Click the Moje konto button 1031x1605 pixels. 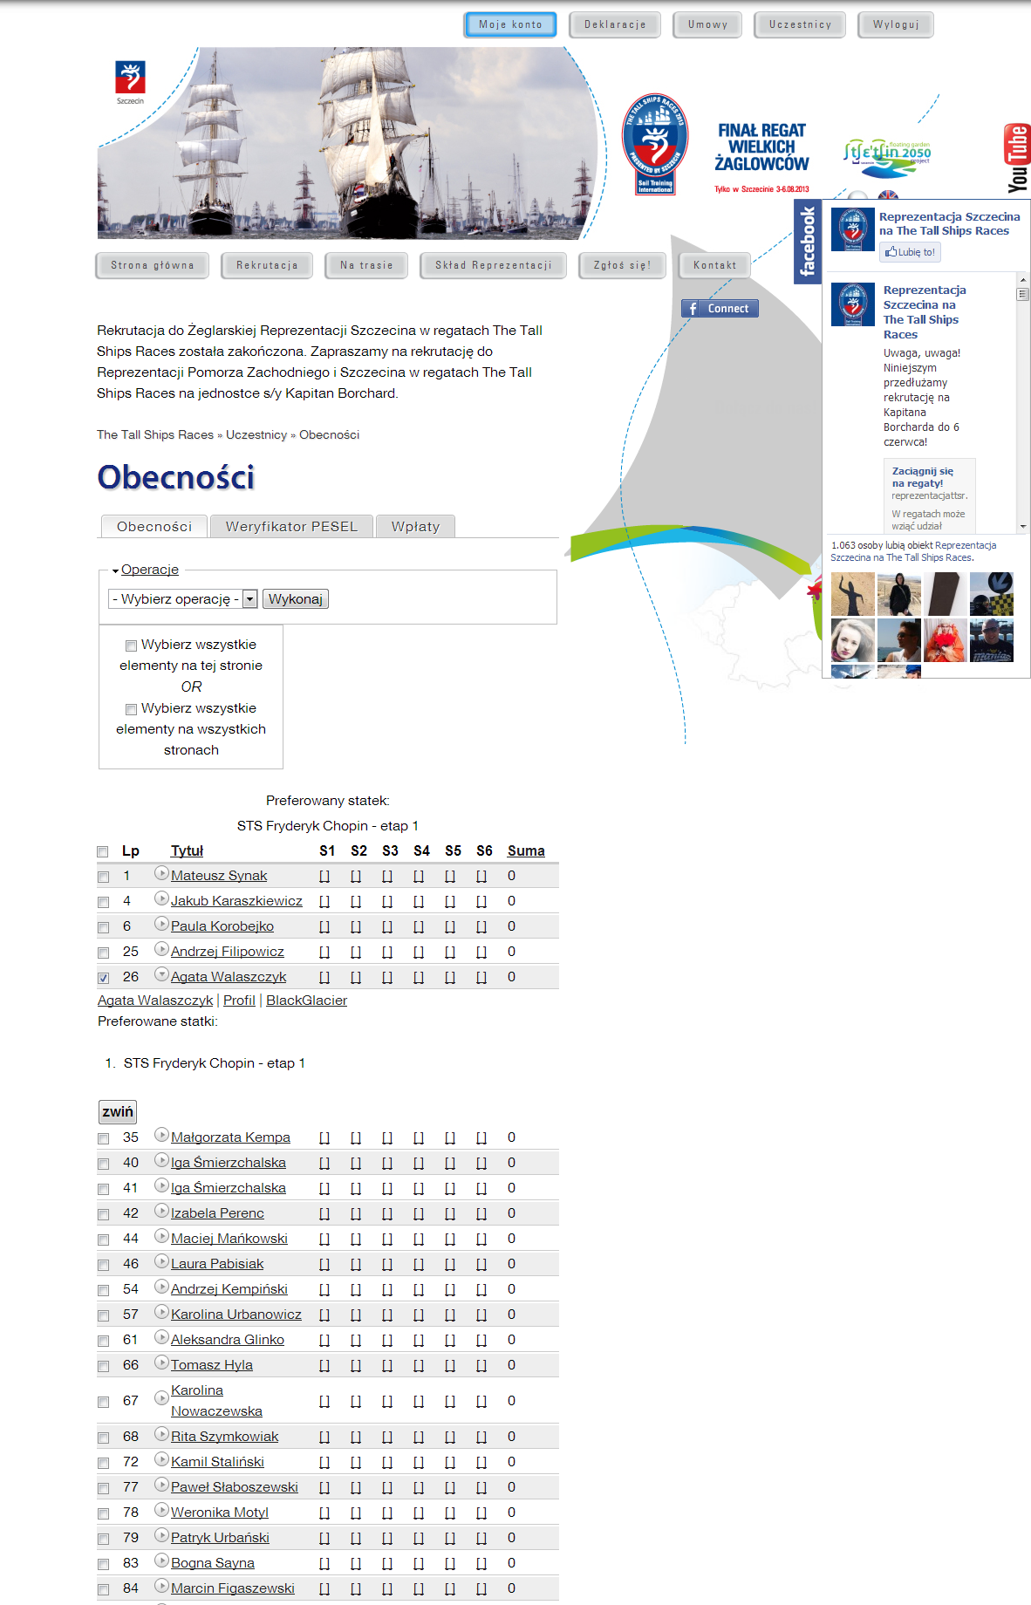(509, 24)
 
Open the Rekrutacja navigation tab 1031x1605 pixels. (267, 265)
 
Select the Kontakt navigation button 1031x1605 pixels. (714, 265)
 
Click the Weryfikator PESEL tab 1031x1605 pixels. (291, 527)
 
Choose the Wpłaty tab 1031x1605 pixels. (415, 527)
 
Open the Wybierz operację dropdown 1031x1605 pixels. (183, 599)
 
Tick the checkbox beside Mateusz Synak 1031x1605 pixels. (104, 877)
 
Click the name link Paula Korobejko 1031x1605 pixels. (222, 926)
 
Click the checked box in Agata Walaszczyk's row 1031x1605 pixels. (104, 978)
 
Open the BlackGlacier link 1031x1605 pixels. (306, 1001)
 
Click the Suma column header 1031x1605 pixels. (526, 851)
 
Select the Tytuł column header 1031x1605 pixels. (187, 851)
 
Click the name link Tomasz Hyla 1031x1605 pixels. (212, 1365)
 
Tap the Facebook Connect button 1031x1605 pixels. (720, 309)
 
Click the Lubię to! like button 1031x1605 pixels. (910, 252)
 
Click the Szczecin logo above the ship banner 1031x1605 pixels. (130, 81)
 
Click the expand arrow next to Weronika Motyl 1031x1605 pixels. (161, 1510)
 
